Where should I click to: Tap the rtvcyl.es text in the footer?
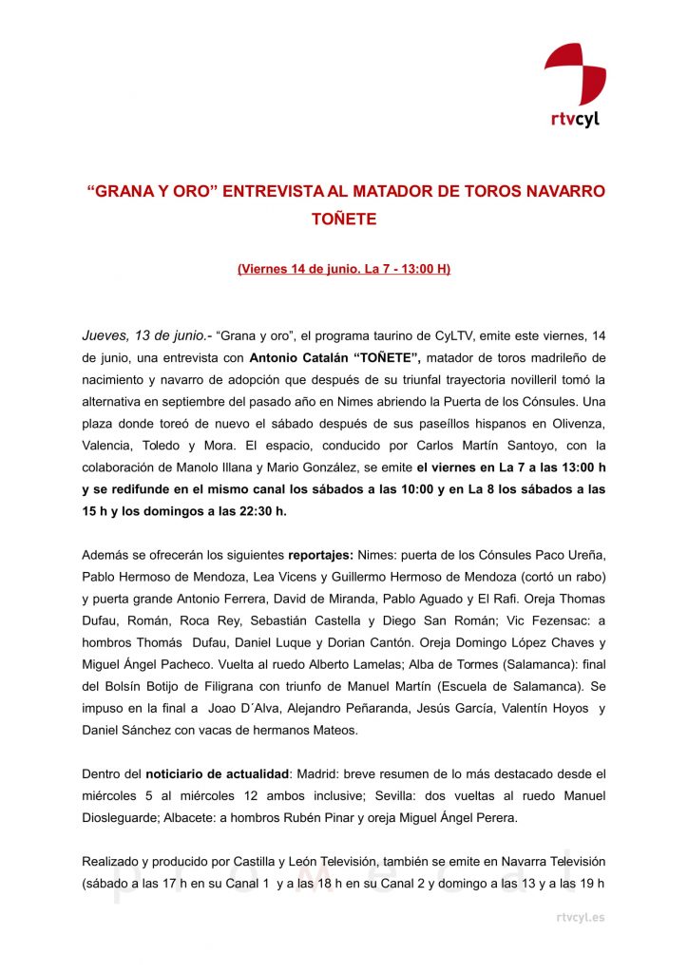pos(580,917)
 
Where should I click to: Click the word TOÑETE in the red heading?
pos(344,219)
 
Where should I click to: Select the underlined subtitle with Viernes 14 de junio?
pos(344,269)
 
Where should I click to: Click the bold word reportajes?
pos(319,555)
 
